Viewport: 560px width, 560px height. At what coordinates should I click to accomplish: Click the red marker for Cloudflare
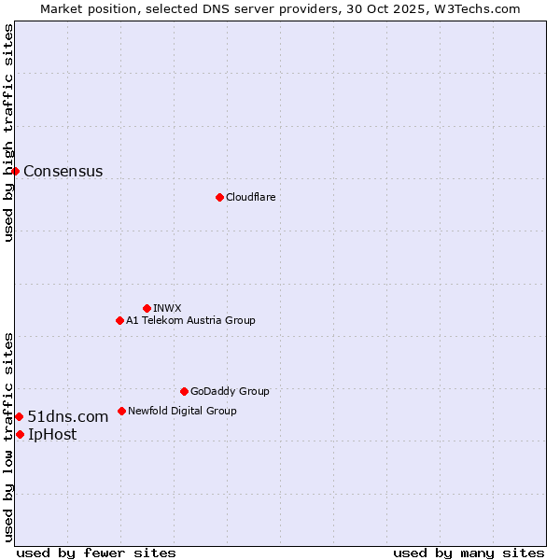[219, 197]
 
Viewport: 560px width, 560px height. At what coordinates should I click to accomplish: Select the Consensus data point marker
[16, 171]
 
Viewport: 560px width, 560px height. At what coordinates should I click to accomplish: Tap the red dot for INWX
[147, 308]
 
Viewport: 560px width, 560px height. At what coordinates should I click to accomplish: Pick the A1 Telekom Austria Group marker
[119, 320]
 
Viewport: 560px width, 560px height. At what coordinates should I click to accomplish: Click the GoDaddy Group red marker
[184, 391]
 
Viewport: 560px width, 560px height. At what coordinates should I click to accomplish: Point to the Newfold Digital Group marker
[121, 411]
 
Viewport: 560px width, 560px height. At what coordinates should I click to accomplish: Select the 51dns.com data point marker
[19, 416]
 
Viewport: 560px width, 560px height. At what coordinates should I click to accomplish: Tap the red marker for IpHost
[20, 434]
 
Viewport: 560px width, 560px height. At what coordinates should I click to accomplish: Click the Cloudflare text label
[250, 197]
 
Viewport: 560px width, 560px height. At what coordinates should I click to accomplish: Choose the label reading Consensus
[63, 171]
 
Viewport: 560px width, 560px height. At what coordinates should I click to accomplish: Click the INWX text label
[167, 308]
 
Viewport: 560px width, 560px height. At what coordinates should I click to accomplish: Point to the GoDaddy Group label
[230, 391]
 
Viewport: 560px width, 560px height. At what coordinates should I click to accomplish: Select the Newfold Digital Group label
[182, 411]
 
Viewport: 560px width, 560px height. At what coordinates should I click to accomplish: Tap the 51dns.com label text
[67, 416]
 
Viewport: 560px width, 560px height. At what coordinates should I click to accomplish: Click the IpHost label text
[52, 434]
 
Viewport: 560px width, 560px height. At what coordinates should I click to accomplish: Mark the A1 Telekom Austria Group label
[190, 320]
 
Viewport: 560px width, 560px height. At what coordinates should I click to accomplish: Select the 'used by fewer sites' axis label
[96, 553]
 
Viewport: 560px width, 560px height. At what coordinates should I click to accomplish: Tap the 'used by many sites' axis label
[469, 553]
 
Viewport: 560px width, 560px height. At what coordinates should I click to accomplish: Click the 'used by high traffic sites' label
[8, 133]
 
